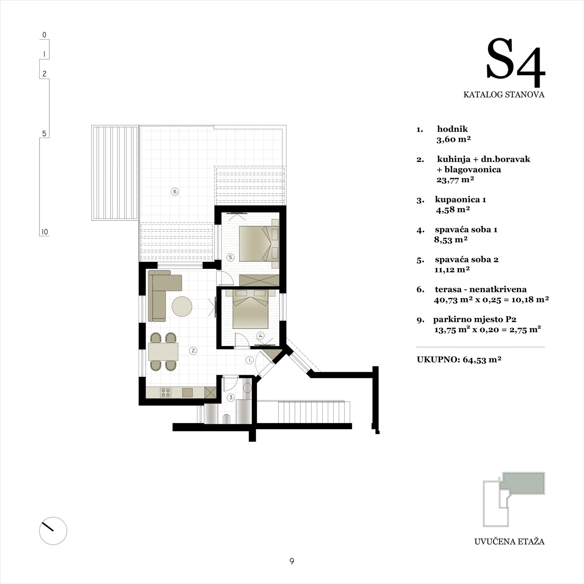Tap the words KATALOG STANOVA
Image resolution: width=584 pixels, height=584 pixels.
[504, 95]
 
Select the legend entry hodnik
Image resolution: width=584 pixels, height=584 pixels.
[452, 129]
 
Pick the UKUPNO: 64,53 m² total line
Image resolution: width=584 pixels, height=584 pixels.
[459, 359]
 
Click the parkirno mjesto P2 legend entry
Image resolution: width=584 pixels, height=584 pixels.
[474, 319]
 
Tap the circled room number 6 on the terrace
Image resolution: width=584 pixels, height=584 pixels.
[175, 191]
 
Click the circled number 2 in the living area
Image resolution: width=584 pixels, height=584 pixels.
[193, 350]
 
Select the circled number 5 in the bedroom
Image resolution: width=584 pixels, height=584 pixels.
[231, 257]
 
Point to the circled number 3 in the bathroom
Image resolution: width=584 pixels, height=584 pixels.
[231, 397]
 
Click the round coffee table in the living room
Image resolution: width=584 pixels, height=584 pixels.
[182, 306]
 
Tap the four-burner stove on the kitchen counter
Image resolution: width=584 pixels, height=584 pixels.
[165, 392]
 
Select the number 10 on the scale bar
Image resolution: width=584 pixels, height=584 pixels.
[44, 232]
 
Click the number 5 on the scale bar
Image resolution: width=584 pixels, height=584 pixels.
[44, 134]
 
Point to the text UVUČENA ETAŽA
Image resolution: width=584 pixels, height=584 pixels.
[509, 541]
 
